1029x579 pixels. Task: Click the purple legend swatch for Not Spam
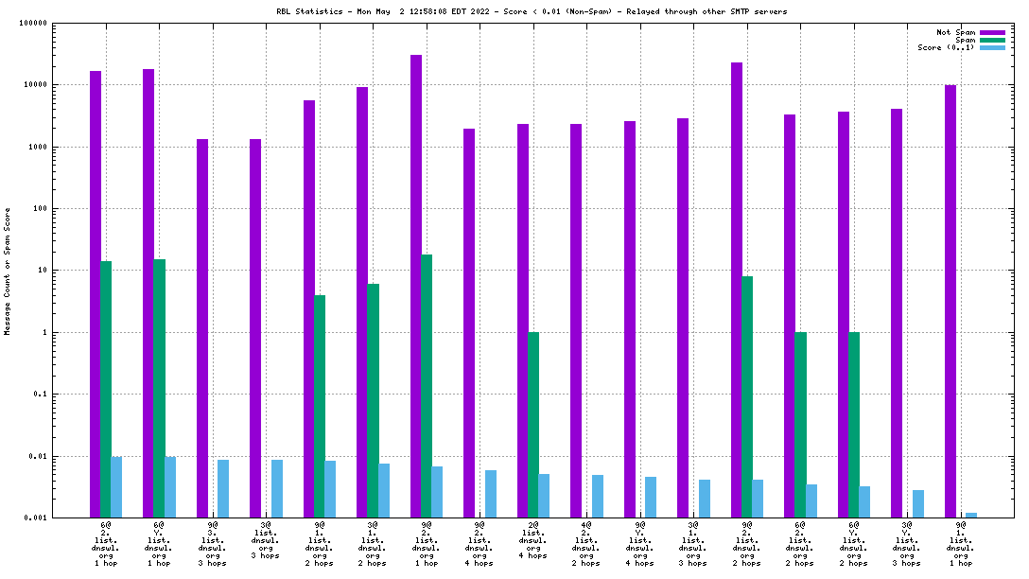click(992, 32)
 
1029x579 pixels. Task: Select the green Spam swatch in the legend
click(992, 40)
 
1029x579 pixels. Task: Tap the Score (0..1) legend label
click(946, 47)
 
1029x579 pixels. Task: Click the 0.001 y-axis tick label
click(35, 518)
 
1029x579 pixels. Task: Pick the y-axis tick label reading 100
click(41, 209)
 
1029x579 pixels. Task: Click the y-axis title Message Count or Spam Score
click(8, 272)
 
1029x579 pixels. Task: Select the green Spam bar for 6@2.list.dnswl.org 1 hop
click(106, 389)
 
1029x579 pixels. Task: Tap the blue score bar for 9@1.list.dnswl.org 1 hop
click(971, 515)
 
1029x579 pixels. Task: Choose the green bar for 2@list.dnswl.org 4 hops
click(533, 425)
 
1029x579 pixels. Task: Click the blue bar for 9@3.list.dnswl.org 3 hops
click(223, 488)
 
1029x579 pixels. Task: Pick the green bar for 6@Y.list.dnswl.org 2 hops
click(854, 425)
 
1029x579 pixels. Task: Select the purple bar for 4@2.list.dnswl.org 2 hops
click(576, 321)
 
